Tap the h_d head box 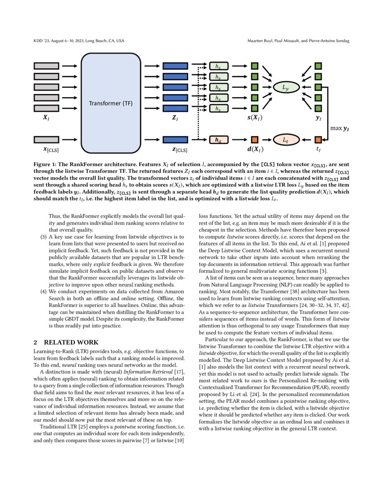pos(219,139)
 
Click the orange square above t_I pos(318,139)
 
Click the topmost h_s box pos(219,66)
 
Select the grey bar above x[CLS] pos(46,139)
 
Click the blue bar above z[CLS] pos(175,139)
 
